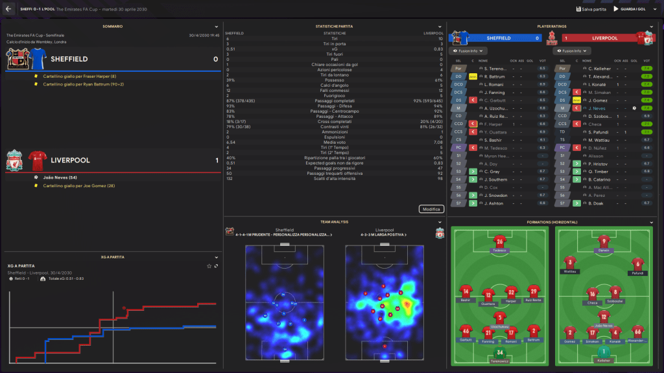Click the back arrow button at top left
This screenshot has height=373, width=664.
click(8, 9)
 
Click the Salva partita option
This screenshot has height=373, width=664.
click(592, 9)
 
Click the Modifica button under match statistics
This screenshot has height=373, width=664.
click(431, 209)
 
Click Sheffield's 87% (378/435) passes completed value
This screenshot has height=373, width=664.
click(241, 102)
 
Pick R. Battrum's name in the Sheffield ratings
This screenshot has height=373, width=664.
click(495, 76)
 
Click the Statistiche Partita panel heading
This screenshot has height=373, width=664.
click(335, 26)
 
